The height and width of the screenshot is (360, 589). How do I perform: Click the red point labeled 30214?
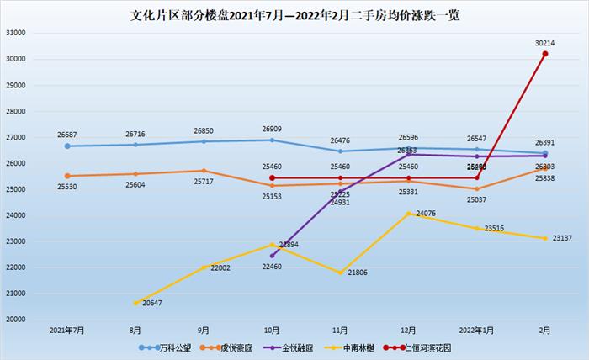click(545, 54)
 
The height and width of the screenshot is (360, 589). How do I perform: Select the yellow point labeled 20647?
click(135, 303)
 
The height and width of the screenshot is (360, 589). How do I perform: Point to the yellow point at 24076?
click(409, 214)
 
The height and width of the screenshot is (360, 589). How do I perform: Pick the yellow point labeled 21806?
click(341, 273)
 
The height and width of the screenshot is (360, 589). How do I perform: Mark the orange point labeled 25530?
click(67, 176)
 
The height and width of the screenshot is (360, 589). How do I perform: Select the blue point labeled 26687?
click(67, 146)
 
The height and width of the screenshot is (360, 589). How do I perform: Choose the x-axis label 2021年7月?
click(67, 331)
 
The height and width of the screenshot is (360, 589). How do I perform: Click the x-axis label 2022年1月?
click(477, 331)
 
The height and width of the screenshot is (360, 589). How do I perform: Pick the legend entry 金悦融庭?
click(291, 347)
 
